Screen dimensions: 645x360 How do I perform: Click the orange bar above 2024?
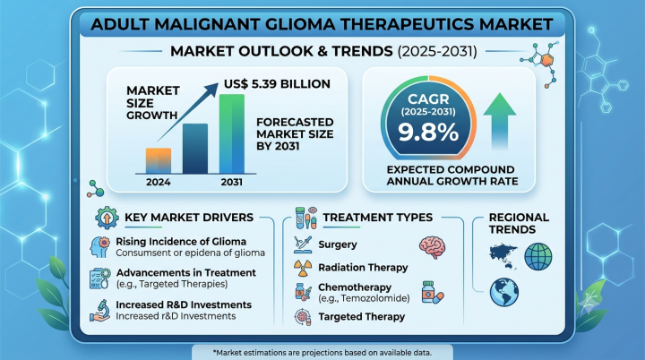[159, 160]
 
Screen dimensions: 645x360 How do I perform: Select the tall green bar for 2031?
[232, 133]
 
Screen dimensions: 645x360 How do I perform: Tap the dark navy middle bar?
[195, 149]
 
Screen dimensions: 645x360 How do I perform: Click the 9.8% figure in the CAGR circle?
[428, 132]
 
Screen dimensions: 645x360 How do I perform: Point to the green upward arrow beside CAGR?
[499, 121]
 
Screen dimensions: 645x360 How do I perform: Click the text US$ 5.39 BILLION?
[277, 84]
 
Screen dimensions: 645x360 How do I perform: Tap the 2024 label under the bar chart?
[159, 183]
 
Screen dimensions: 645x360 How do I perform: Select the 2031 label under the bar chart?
[232, 183]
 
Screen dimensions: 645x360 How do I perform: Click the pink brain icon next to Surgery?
[433, 247]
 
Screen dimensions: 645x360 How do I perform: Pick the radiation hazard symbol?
[303, 269]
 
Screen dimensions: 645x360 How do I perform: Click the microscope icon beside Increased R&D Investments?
[100, 311]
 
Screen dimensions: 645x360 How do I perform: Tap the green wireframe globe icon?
[538, 257]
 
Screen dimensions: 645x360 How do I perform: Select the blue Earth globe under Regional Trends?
[503, 292]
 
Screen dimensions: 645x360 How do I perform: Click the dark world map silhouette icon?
[503, 256]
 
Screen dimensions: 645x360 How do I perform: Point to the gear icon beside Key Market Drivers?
[107, 218]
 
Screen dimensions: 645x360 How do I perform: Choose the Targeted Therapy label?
[362, 317]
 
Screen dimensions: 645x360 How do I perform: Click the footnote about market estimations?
[322, 353]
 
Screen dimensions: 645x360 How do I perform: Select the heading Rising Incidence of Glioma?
[181, 242]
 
